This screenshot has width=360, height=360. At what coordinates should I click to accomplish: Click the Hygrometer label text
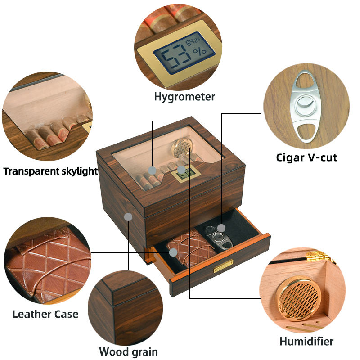point(184,97)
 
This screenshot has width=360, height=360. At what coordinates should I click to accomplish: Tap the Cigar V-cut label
point(306,157)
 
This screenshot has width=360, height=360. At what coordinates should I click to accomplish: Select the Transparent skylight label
point(50,171)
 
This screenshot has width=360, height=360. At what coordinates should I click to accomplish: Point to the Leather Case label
point(45,314)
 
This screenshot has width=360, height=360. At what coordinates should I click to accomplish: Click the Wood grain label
point(128,351)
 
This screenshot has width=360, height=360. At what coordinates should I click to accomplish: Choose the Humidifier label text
point(306,341)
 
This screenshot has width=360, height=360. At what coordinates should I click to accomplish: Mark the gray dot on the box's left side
point(128,217)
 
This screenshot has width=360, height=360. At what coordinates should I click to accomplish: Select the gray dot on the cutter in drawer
point(221,227)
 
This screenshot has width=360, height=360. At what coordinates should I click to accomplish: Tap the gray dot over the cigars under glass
point(153,170)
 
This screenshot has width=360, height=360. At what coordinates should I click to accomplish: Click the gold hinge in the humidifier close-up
point(320,257)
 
